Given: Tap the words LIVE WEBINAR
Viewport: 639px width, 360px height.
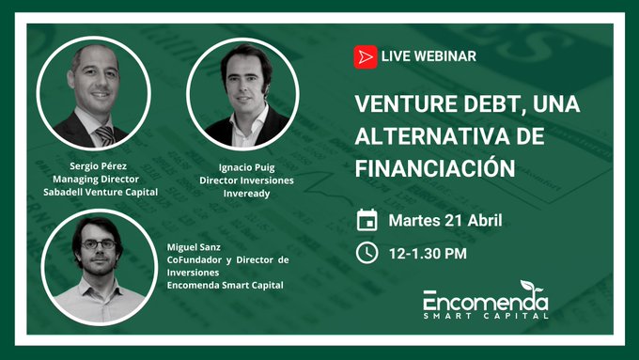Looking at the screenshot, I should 429,56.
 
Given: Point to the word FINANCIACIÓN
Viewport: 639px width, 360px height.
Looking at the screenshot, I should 435,167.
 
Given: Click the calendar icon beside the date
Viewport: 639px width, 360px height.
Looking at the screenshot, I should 367,221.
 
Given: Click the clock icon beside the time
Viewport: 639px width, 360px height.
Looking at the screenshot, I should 367,253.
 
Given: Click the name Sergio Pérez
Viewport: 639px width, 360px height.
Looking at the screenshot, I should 99,164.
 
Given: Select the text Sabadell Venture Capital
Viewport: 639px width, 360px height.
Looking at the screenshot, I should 100,191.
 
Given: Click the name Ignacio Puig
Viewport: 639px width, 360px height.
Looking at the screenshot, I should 243,165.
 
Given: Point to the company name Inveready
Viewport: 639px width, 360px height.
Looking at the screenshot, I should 243,192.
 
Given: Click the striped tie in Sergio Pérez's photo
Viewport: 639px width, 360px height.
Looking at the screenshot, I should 104,133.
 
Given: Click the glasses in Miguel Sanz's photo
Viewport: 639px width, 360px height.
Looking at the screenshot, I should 98,244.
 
